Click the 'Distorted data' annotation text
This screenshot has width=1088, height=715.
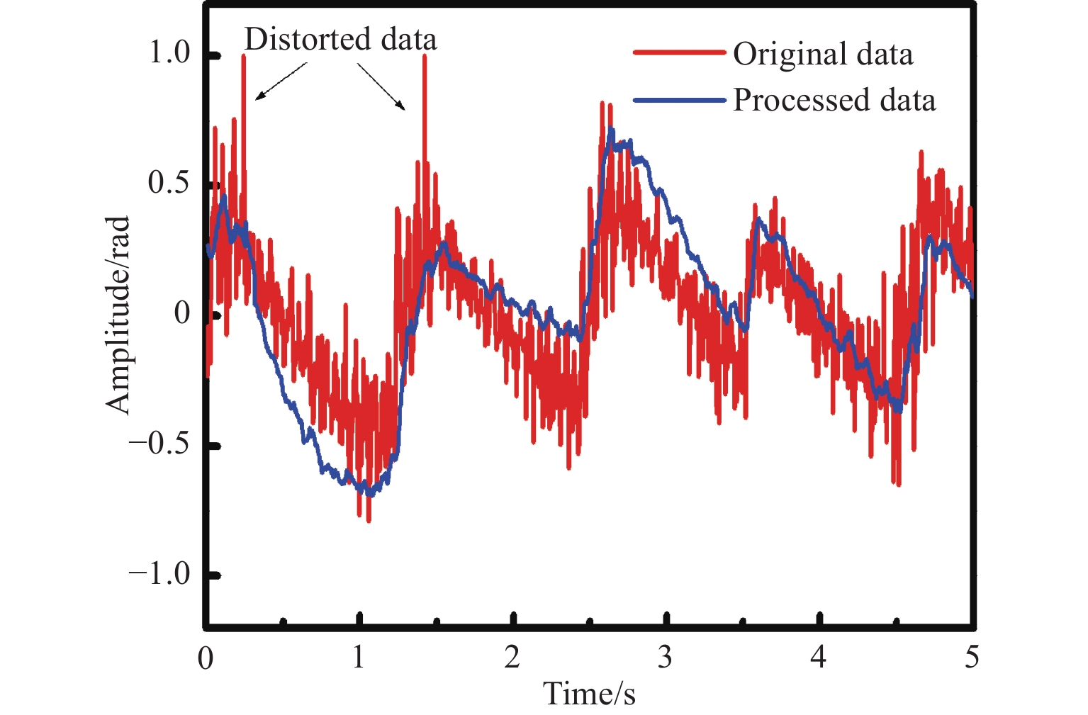pos(340,40)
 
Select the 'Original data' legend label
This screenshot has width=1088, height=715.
pos(822,55)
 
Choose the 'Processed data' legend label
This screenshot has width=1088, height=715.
pos(834,100)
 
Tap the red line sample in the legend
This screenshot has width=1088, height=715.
pos(679,53)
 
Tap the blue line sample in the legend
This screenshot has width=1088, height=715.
pos(679,100)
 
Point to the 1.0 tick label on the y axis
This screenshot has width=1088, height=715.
pos(170,52)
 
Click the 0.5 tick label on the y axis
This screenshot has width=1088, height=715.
pos(170,183)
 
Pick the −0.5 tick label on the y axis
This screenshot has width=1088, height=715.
pos(160,444)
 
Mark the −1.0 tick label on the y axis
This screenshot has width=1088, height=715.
pos(160,573)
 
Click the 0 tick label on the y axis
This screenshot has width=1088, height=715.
pos(183,313)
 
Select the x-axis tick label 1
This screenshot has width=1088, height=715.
pos(359,658)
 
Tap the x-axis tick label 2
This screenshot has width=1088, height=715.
pos(512,658)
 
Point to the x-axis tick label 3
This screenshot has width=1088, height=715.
pos(665,658)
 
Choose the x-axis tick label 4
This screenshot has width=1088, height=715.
pos(818,658)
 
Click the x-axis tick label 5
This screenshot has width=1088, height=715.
pos(972,658)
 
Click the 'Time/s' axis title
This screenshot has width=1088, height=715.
pos(589,693)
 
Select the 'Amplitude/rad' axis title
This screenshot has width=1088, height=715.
pos(118,315)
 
